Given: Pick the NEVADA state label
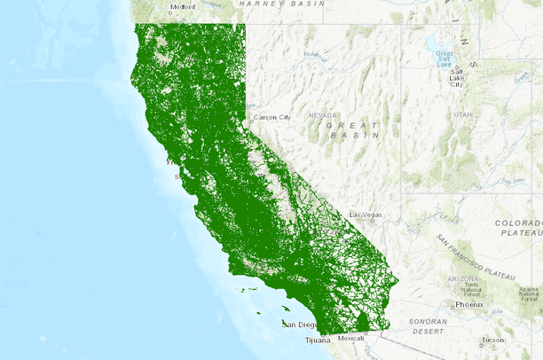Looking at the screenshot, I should click(x=323, y=115).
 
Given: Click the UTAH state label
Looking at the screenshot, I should click(x=462, y=115).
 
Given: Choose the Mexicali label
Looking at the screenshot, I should click(x=350, y=338).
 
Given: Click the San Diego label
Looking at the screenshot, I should click(x=300, y=325).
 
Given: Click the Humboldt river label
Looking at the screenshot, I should click(x=311, y=54).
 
